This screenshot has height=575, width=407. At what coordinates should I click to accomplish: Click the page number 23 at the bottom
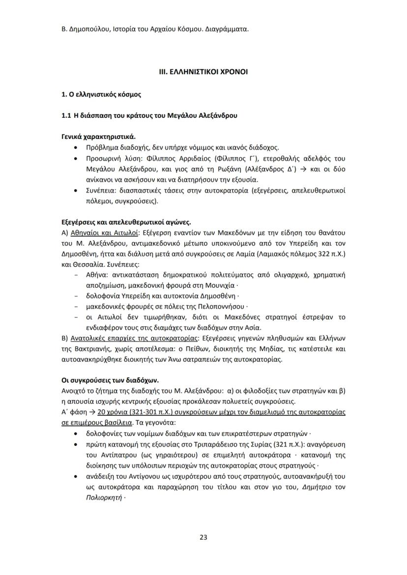click(203, 537)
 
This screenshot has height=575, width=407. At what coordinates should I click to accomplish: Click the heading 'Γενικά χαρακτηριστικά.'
click(98, 136)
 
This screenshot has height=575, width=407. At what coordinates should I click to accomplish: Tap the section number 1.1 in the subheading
click(66, 115)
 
